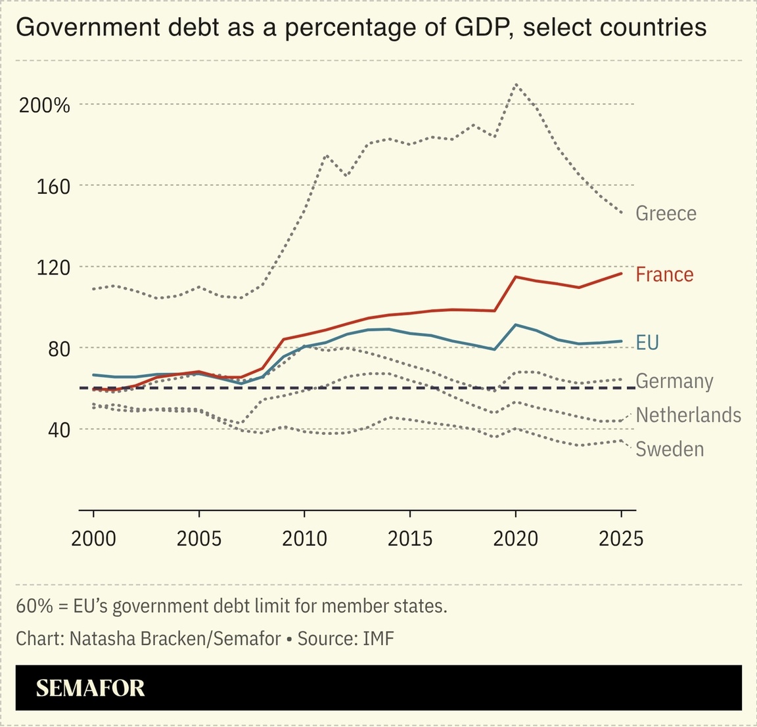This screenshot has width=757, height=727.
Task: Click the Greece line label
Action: (666, 213)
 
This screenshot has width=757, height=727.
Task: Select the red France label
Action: (664, 275)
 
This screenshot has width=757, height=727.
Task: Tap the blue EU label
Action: (647, 343)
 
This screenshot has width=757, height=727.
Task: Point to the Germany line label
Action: (674, 382)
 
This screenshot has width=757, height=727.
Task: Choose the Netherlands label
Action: (688, 415)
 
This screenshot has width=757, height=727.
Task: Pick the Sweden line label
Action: (670, 449)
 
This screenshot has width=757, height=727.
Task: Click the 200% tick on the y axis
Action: (45, 105)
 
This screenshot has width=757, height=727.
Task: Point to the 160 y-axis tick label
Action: (53, 187)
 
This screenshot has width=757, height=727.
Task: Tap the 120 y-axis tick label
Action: (53, 267)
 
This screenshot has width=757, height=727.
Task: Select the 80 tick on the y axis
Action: (58, 349)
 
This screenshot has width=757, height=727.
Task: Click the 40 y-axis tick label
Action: (58, 430)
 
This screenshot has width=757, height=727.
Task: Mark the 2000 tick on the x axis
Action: (93, 539)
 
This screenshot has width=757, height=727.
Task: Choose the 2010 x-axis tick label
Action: (304, 539)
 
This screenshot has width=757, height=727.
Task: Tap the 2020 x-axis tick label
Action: (515, 539)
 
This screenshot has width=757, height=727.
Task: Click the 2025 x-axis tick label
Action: (621, 539)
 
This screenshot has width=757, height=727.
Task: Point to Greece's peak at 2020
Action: (516, 84)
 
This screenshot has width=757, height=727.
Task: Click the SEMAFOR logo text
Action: (90, 688)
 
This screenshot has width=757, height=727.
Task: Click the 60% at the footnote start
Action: (34, 606)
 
